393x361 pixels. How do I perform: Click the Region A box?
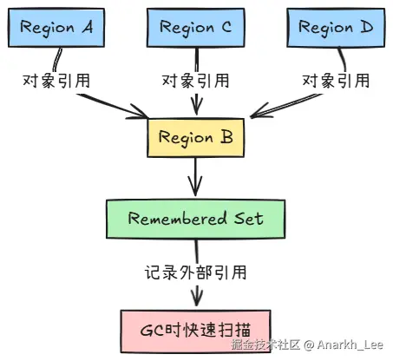[56, 28]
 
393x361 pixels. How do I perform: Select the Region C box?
[196, 28]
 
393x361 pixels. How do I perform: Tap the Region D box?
[336, 28]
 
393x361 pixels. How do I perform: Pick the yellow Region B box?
[196, 138]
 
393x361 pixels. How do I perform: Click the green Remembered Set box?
[196, 219]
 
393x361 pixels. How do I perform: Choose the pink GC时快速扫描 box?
[196, 331]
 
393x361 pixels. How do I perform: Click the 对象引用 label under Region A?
[56, 81]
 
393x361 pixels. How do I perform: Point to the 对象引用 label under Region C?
[196, 81]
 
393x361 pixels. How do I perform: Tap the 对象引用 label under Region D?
[336, 81]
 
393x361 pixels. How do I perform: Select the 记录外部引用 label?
[196, 272]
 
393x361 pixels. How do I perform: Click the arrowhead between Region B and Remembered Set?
[195, 187]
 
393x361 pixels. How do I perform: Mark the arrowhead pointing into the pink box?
[197, 298]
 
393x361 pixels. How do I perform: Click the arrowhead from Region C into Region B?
[197, 107]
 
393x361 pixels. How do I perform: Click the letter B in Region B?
[226, 137]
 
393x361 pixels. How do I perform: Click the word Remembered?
[177, 219]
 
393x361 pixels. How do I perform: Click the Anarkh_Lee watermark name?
[350, 345]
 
